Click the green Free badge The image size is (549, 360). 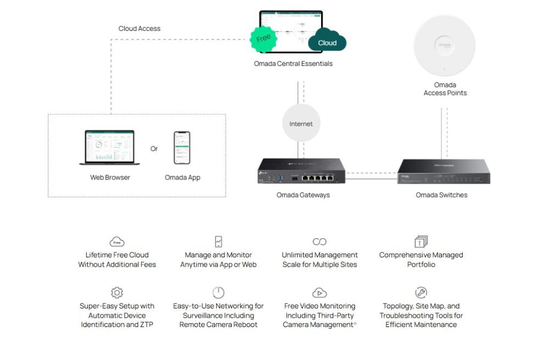(x=264, y=38)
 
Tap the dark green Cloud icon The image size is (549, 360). (x=327, y=41)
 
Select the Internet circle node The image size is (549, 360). (x=301, y=123)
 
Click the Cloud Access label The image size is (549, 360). (x=139, y=29)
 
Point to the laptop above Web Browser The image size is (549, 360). (x=110, y=147)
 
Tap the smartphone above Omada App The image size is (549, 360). (x=182, y=147)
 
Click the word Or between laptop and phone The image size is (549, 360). (x=154, y=149)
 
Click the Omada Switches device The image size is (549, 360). (x=443, y=171)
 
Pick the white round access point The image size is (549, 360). (x=444, y=46)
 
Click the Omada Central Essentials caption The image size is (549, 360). (x=293, y=64)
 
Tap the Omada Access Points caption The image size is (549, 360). (x=445, y=89)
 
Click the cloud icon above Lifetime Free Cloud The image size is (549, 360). (x=117, y=242)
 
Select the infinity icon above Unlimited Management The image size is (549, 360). (x=320, y=241)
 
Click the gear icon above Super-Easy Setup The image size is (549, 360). (x=117, y=292)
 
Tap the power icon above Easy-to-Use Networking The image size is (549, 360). (x=219, y=292)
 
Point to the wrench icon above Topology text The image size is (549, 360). (x=421, y=292)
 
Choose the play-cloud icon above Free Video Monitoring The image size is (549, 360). (x=320, y=292)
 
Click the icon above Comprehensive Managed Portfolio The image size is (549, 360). (x=421, y=241)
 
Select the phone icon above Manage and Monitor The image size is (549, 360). (x=219, y=241)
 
